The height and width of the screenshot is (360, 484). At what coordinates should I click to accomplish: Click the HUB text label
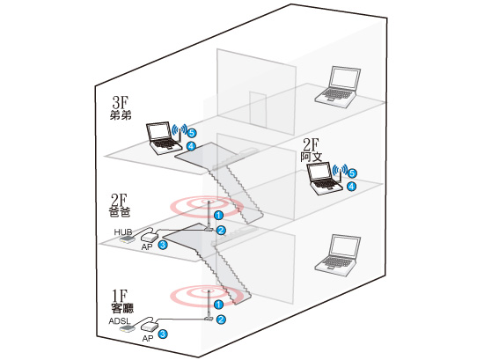pyautogui.click(x=123, y=231)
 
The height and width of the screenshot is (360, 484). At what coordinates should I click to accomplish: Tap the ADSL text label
pyautogui.click(x=120, y=321)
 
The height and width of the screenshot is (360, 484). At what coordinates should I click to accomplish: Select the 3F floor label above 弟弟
pyautogui.click(x=121, y=102)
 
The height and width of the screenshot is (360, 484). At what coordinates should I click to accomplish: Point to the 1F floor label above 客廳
pyautogui.click(x=120, y=296)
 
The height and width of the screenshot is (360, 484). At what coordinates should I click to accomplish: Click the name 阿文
pyautogui.click(x=312, y=157)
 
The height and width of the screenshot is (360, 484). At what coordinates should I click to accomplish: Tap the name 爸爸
pyautogui.click(x=120, y=212)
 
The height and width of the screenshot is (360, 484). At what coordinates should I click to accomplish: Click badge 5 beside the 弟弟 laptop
pyautogui.click(x=192, y=133)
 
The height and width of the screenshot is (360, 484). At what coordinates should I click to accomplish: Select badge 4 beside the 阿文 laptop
pyautogui.click(x=351, y=187)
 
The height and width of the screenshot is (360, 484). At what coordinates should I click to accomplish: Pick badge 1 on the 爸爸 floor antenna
pyautogui.click(x=218, y=215)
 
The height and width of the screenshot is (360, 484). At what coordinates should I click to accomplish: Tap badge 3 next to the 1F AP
pyautogui.click(x=163, y=334)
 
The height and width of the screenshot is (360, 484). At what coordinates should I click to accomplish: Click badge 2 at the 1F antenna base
pyautogui.click(x=221, y=320)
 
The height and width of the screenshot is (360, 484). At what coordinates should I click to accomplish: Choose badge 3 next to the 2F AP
pyautogui.click(x=163, y=245)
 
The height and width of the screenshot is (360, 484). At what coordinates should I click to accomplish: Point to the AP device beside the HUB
pyautogui.click(x=150, y=238)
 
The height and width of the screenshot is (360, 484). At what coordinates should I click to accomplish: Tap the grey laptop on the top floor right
pyautogui.click(x=338, y=87)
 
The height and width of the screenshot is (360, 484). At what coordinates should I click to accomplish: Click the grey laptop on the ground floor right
pyautogui.click(x=338, y=255)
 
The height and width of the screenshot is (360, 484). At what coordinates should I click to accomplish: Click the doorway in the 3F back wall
pyautogui.click(x=258, y=110)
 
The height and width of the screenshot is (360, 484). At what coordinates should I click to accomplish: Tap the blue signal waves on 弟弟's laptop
pyautogui.click(x=180, y=129)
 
